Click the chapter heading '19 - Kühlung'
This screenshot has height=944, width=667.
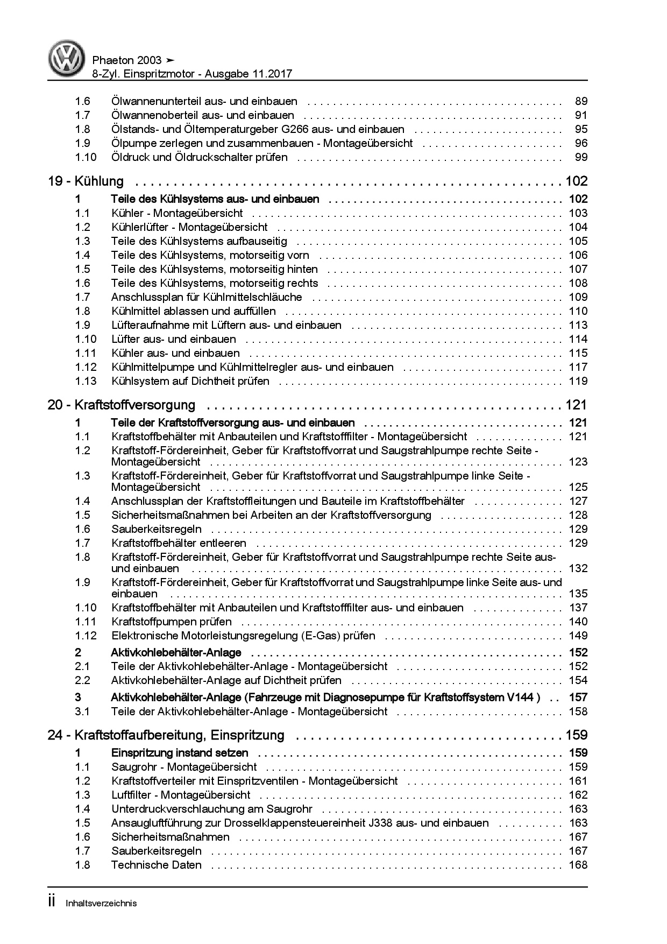pos(86,181)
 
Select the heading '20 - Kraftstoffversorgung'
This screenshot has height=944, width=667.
pos(121,405)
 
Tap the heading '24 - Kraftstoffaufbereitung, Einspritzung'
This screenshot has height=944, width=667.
pos(166,735)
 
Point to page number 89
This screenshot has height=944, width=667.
pos(581,101)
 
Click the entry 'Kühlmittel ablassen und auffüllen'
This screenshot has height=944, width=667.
pos(193,311)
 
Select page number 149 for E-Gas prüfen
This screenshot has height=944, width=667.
pos(578,636)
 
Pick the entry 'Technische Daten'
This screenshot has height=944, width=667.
pos(156,865)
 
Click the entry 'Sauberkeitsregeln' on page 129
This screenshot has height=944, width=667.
pos(157,529)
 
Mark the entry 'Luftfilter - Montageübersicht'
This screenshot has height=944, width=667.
pos(181,795)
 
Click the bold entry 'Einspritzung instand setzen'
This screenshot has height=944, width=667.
pos(180,753)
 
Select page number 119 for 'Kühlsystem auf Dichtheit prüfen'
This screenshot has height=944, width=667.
pos(578,381)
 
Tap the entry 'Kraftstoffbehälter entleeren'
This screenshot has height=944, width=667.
pos(179,543)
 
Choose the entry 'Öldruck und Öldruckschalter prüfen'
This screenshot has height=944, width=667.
pos(199,157)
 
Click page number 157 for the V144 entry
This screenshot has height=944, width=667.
pos(578,698)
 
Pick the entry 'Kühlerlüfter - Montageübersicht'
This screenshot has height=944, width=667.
pos(189,227)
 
